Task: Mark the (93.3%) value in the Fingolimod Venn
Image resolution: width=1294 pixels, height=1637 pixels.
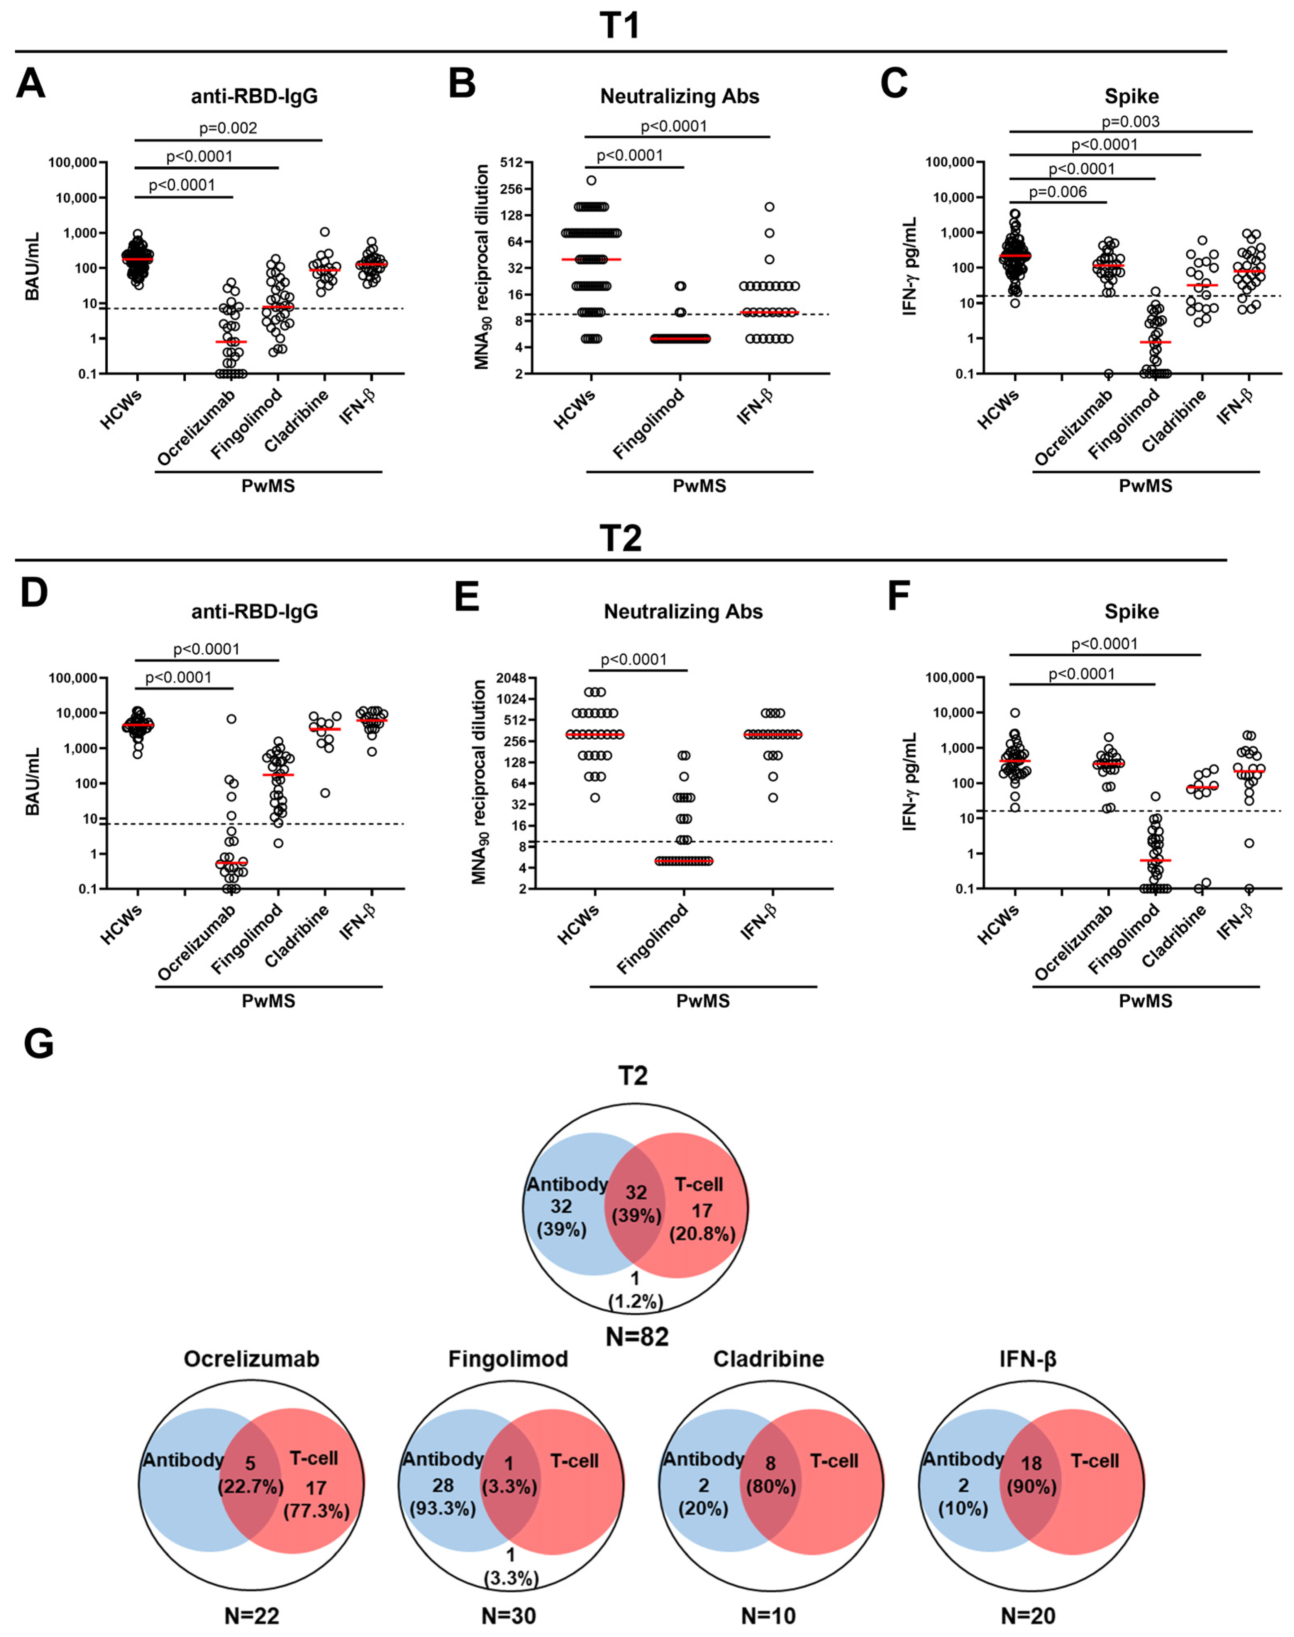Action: pos(443,1508)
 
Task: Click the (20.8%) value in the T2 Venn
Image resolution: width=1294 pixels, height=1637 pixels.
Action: pos(702,1233)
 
